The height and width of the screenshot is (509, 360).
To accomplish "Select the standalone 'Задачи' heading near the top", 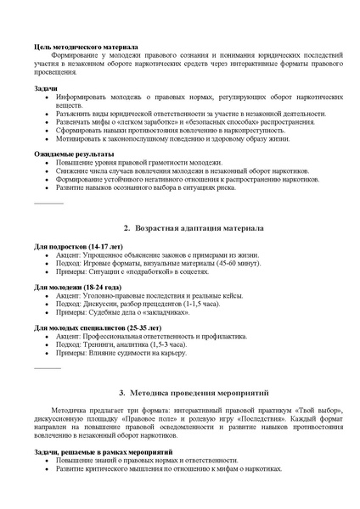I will pos(46,88).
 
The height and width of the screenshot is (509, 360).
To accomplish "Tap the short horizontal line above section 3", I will pos(48,369).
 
